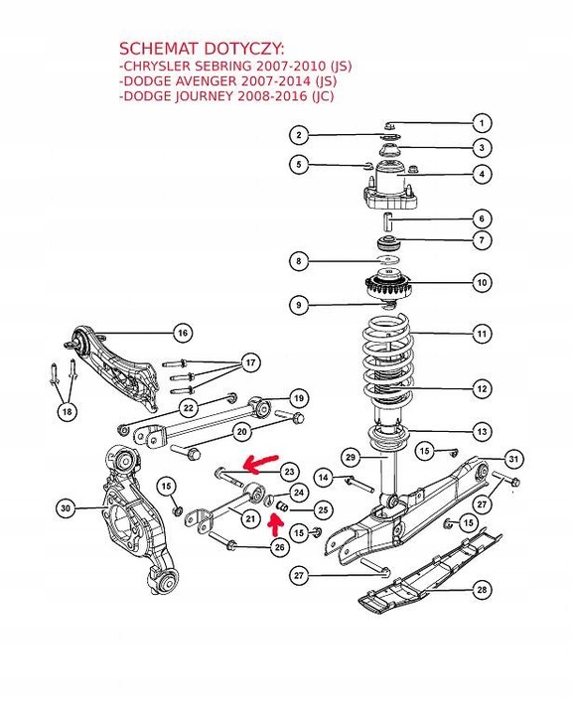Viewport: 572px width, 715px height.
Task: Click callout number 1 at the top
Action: pyautogui.click(x=482, y=124)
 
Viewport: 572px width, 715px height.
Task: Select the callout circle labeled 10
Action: pyautogui.click(x=482, y=283)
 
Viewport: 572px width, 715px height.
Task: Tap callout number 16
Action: pyautogui.click(x=182, y=332)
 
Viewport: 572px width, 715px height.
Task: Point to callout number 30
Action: pyautogui.click(x=66, y=509)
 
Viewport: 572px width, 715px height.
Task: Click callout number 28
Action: pyautogui.click(x=482, y=591)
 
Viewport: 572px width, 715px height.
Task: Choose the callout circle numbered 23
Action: pyautogui.click(x=288, y=471)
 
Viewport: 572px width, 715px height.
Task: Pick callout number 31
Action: pyautogui.click(x=513, y=459)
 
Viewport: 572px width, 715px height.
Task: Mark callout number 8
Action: pyautogui.click(x=297, y=262)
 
